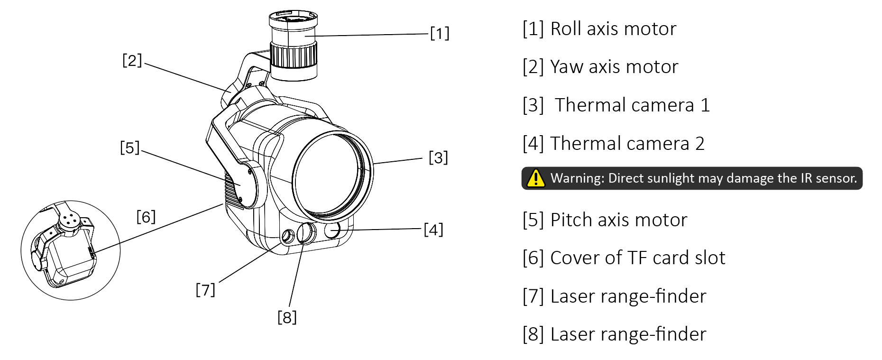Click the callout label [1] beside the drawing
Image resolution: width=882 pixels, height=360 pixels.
click(440, 34)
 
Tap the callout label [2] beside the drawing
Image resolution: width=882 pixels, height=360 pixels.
click(132, 61)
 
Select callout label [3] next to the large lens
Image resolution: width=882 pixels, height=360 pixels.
click(438, 157)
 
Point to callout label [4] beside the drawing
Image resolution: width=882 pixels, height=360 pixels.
click(433, 230)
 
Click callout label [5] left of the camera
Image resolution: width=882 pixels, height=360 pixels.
click(129, 148)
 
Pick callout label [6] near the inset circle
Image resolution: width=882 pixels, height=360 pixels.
click(146, 217)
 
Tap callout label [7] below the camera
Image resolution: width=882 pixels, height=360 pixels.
click(205, 289)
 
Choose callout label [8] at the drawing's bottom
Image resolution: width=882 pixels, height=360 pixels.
click(287, 317)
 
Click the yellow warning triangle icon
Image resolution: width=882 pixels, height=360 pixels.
click(536, 178)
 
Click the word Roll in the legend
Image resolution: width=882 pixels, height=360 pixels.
click(565, 29)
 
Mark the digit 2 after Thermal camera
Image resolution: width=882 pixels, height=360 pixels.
click(699, 144)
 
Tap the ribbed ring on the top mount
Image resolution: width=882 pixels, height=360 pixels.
click(294, 55)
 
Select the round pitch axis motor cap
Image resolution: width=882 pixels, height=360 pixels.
click(247, 185)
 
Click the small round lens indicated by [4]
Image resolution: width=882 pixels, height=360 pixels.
click(332, 231)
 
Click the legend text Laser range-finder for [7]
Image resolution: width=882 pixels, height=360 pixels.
click(628, 296)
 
